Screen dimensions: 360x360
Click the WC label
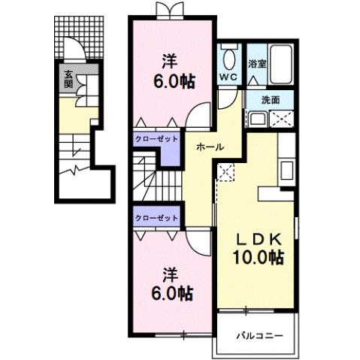[x=229, y=77]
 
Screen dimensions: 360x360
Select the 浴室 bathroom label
[x=257, y=64]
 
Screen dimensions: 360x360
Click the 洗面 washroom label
[x=271, y=99]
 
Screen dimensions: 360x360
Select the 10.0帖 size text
[x=257, y=258]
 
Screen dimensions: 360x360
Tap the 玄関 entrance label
[x=68, y=79]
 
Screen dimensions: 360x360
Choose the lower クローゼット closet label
[x=157, y=217]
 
